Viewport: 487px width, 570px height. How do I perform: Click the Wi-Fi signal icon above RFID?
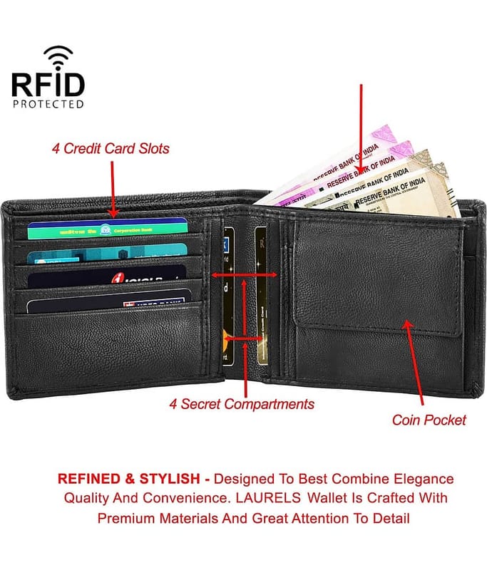(58, 56)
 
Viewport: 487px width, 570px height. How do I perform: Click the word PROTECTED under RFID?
(48, 103)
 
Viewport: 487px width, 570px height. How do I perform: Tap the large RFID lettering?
(48, 84)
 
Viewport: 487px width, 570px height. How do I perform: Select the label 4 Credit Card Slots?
(111, 149)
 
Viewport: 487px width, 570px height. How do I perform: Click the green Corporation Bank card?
(107, 229)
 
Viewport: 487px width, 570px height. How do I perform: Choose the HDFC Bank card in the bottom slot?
(107, 304)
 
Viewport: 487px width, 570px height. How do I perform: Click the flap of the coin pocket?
(378, 278)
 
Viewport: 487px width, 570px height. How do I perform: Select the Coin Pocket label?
(429, 420)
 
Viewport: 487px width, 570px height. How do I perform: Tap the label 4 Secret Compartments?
(242, 404)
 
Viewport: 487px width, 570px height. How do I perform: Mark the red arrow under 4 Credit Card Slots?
(112, 189)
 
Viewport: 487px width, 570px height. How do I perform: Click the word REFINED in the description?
(88, 479)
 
